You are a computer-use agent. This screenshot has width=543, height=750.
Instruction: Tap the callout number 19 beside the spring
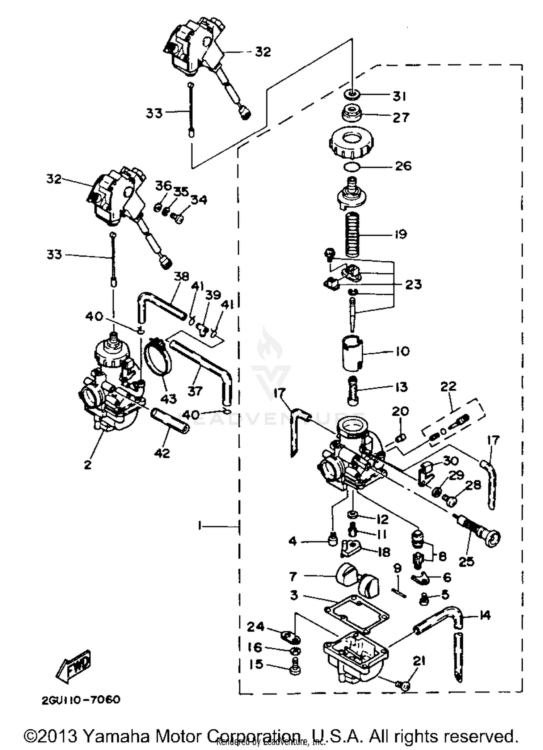click(400, 234)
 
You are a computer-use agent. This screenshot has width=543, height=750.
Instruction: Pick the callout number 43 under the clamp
click(168, 399)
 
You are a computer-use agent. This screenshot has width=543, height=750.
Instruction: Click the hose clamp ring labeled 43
click(158, 357)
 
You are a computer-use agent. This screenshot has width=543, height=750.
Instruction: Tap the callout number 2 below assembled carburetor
click(88, 465)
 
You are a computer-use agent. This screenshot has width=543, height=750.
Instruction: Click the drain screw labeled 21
click(401, 685)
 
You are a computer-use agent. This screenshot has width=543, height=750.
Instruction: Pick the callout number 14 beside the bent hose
click(485, 615)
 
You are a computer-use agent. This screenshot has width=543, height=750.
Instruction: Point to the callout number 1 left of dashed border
click(199, 526)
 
